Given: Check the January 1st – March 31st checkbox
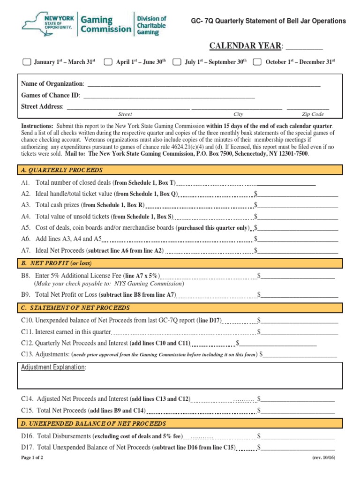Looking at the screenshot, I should tap(27, 62).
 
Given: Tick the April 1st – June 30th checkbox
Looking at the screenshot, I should tap(108, 62).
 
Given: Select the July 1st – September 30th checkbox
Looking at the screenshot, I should tap(177, 62).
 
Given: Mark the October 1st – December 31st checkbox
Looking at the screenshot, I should tap(257, 62).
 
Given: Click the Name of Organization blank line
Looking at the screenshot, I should tap(204, 85).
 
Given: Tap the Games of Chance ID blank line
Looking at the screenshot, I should tap(169, 96).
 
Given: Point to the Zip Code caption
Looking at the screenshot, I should tap(313, 114).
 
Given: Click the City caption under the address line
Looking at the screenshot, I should tap(238, 114).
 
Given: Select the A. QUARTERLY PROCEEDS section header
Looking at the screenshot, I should tap(62, 170).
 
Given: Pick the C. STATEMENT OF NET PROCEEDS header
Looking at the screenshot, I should tap(75, 308).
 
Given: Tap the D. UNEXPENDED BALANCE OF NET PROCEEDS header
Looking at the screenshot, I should tap(93, 424).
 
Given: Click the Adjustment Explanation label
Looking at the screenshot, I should tap(54, 367).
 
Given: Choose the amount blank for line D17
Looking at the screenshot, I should tap(298, 448).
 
